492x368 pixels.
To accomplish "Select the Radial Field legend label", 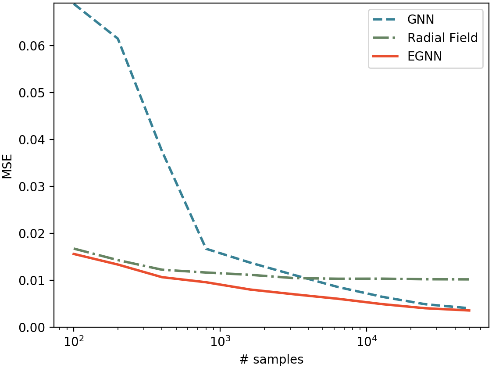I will [x=442, y=38].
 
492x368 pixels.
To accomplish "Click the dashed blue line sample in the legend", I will [x=386, y=19].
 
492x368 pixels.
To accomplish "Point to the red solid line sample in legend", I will [x=386, y=57].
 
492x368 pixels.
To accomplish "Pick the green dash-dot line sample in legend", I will [x=386, y=38].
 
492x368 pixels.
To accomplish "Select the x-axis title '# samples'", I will [x=271, y=359].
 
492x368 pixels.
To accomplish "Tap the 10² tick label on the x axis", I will [x=74, y=341].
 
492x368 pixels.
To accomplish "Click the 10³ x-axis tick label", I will [x=220, y=341].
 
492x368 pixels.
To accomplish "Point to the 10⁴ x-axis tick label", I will [x=367, y=341].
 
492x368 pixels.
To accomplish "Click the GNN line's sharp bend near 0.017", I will [x=206, y=249].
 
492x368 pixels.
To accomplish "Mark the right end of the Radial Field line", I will [x=469, y=279].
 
